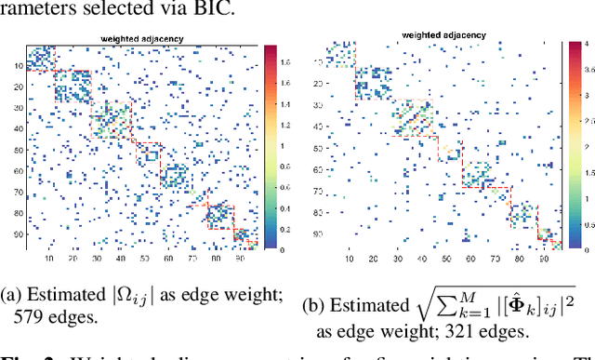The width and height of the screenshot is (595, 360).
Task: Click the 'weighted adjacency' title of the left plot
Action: pyautogui.click(x=141, y=39)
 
